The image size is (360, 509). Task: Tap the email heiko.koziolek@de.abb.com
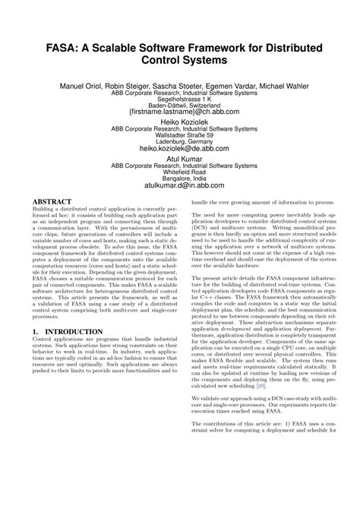click(179, 150)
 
